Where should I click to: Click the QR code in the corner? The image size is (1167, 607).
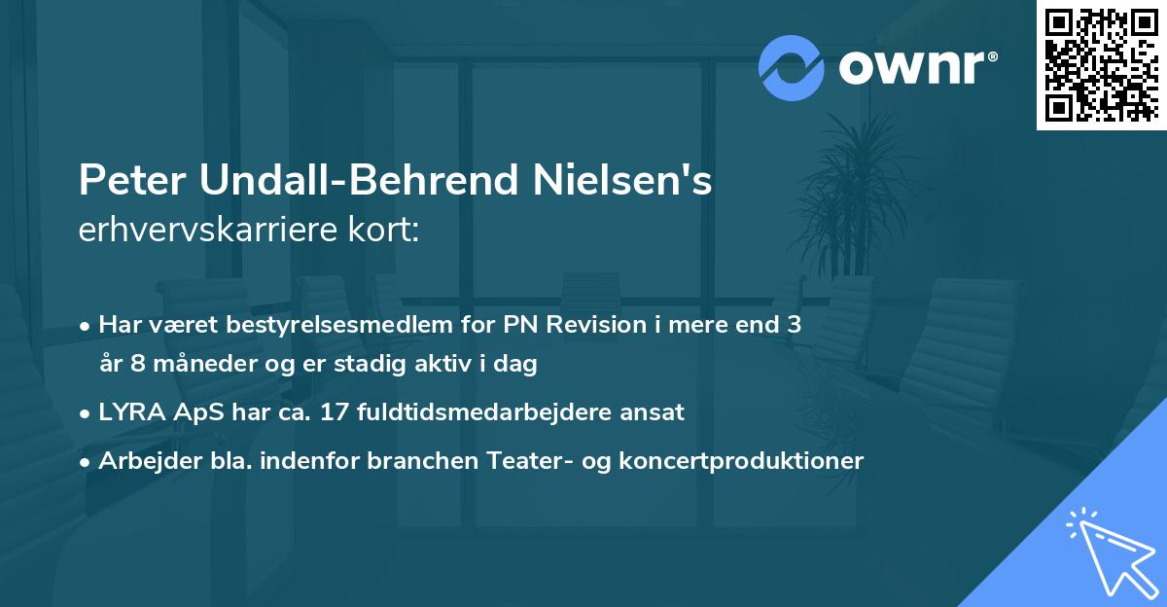(1101, 64)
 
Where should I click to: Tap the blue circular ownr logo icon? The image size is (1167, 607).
(792, 68)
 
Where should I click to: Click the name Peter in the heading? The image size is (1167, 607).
(132, 182)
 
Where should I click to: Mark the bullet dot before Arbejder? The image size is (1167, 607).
(87, 461)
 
